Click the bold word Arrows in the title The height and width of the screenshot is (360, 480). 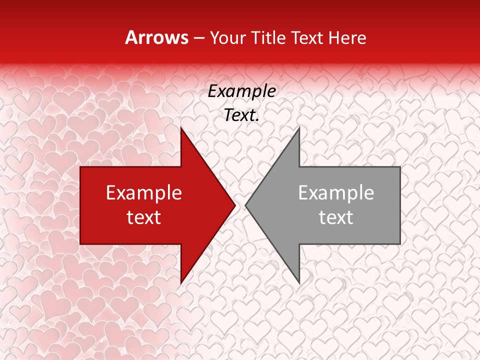pyautogui.click(x=156, y=37)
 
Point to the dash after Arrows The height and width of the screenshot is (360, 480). pyautogui.click(x=198, y=38)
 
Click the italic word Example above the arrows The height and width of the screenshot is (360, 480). pyautogui.click(x=241, y=91)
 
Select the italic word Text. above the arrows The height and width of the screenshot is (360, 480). pyautogui.click(x=241, y=115)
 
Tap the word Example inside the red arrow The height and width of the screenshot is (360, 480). pyautogui.click(x=144, y=193)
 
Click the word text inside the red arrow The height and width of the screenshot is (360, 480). pyautogui.click(x=144, y=217)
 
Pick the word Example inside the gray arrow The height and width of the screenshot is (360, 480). pyautogui.click(x=336, y=193)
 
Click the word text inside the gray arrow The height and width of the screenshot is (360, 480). pyautogui.click(x=336, y=217)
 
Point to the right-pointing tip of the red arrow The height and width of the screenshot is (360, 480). pyautogui.click(x=235, y=205)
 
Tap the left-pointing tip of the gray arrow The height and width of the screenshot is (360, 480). pyautogui.click(x=245, y=205)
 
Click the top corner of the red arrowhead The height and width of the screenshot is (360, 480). pyautogui.click(x=181, y=127)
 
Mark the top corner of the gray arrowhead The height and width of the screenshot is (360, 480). pyautogui.click(x=299, y=127)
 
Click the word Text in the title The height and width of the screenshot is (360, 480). pyautogui.click(x=306, y=37)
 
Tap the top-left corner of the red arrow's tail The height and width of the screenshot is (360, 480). pyautogui.click(x=80, y=167)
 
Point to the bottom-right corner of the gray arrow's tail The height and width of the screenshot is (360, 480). pyautogui.click(x=400, y=244)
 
